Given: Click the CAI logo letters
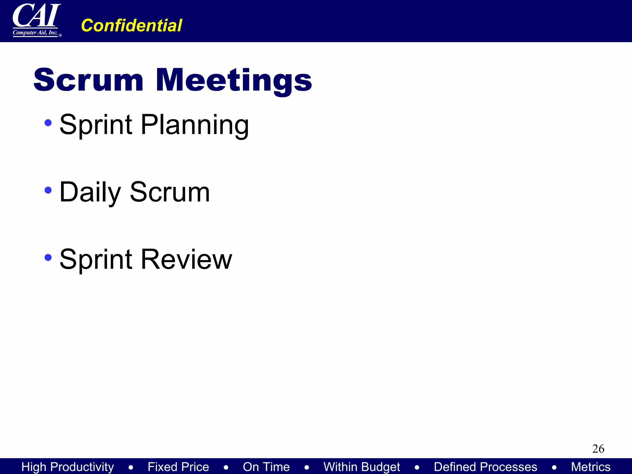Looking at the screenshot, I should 36,15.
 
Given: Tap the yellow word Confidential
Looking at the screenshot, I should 131,25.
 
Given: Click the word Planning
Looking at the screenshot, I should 195,125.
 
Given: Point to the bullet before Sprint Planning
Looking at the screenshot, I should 48,123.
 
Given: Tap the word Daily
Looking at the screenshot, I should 90,193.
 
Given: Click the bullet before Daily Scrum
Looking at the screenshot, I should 48,190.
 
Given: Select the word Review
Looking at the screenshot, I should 186,259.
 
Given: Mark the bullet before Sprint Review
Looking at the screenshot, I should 48,257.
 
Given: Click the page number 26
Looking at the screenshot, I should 598,449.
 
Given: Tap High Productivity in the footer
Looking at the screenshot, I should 68,467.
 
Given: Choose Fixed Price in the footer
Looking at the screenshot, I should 178,467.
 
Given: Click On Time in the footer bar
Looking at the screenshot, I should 266,467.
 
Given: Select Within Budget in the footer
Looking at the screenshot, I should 362,467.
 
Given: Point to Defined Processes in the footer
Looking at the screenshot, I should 485,467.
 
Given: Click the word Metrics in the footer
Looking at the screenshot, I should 591,467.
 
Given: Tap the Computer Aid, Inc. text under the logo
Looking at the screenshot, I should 35,32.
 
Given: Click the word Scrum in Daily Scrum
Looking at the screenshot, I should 170,192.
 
